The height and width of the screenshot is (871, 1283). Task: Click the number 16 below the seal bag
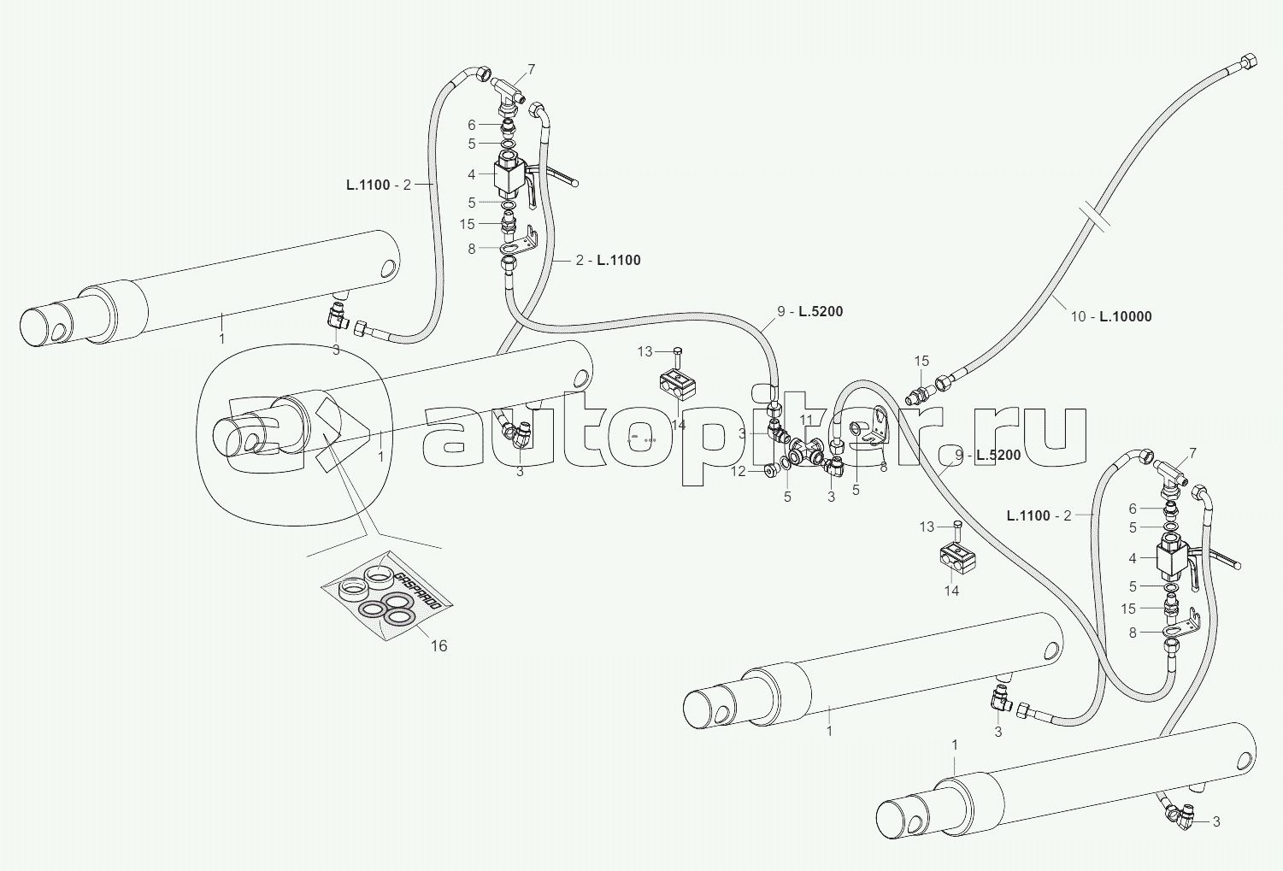coord(438,646)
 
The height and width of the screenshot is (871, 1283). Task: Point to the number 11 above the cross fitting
coord(806,420)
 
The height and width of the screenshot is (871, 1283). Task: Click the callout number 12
coord(739,471)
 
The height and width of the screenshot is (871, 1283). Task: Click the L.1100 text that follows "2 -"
coord(619,260)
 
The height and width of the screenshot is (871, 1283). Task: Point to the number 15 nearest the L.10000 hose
coord(921,361)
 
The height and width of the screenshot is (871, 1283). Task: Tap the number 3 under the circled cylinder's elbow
coord(520,471)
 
